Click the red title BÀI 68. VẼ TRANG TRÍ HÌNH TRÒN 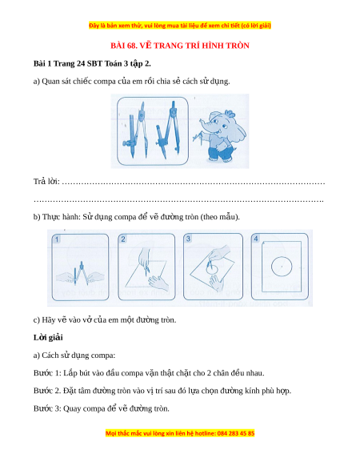(x=180, y=46)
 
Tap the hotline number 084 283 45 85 (x=236, y=433)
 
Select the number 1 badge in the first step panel (x=57, y=239)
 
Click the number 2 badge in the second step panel (x=123, y=239)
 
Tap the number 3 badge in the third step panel (x=188, y=239)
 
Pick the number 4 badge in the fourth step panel (x=256, y=239)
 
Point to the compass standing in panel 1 (x=80, y=273)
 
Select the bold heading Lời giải (x=48, y=338)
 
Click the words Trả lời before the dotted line (x=46, y=181)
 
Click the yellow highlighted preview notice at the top (x=180, y=26)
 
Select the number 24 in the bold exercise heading (x=80, y=63)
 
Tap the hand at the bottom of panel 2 (x=158, y=283)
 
